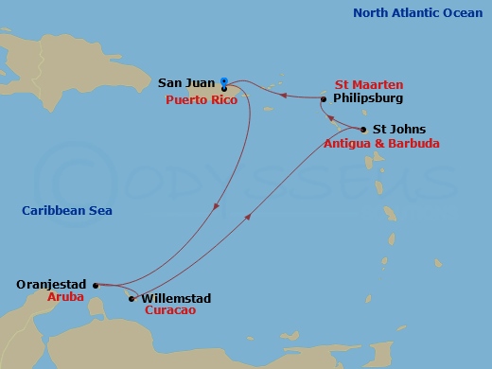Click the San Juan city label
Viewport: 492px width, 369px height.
[184, 83]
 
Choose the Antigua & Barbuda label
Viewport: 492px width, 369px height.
[381, 144]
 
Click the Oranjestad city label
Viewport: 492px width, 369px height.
[52, 283]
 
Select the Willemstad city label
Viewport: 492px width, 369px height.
[175, 299]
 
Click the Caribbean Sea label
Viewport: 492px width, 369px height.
[67, 211]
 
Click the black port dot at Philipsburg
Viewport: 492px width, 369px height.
[324, 98]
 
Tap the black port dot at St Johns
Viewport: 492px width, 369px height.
[363, 130]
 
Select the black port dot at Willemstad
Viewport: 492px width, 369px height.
[132, 299]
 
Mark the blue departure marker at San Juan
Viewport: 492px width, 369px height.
[223, 81]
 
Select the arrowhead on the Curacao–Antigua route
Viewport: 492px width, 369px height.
[249, 217]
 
